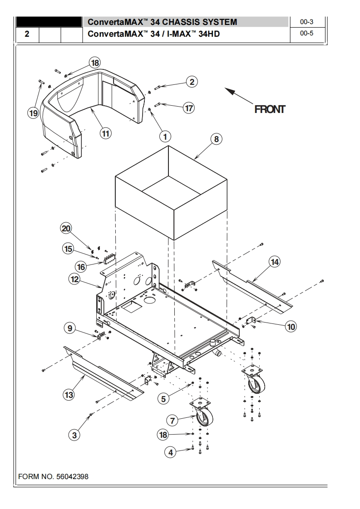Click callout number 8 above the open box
click(216, 139)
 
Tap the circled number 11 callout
click(105, 133)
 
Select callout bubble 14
click(275, 261)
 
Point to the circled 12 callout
click(74, 279)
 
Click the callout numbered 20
click(67, 228)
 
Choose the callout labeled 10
click(291, 326)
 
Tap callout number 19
click(33, 113)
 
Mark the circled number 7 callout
click(173, 421)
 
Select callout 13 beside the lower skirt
click(69, 395)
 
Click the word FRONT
click(270, 109)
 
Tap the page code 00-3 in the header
click(307, 21)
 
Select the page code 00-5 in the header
click(307, 34)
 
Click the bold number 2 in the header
click(27, 34)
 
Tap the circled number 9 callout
click(69, 328)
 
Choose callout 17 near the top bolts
click(189, 108)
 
